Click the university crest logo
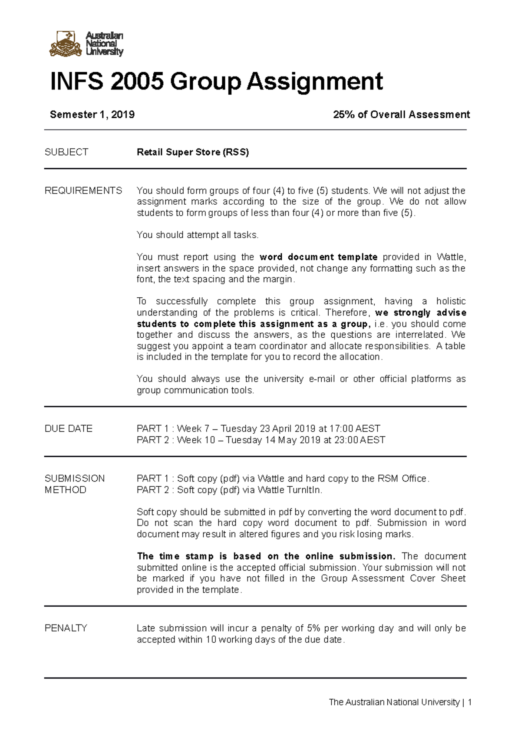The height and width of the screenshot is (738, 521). coord(66,44)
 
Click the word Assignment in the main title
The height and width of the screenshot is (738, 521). coord(315,82)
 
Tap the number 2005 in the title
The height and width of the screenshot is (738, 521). coord(137,82)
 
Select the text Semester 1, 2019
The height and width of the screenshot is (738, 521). coord(92,115)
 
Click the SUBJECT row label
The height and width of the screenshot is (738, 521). coord(66,152)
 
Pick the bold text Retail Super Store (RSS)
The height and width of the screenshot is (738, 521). coord(193,152)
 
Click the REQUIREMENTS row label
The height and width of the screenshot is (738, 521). coord(83,191)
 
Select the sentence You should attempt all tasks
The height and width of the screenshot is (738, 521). coord(198,235)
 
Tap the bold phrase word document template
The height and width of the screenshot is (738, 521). coord(318,257)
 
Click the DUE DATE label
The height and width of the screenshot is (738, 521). coord(69,429)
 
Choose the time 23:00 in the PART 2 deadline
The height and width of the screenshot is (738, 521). coord(346,440)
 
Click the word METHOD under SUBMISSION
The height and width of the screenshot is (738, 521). coord(66,490)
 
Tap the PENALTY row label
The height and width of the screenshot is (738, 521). coord(66,628)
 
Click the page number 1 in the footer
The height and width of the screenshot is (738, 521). coord(470,702)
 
